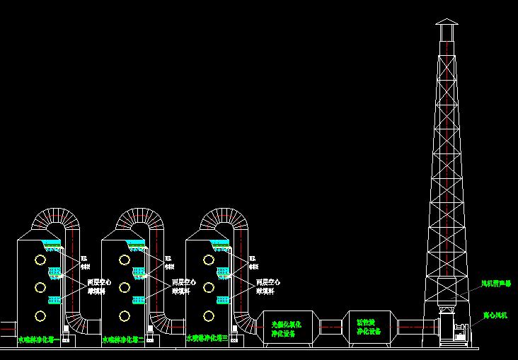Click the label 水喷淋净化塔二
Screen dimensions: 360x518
[123, 340]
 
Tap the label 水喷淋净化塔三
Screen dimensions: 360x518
[207, 339]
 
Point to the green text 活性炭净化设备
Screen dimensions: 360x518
[369, 327]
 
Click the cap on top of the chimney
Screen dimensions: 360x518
[447, 28]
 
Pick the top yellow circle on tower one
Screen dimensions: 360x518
[40, 260]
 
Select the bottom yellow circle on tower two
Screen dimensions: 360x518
[125, 316]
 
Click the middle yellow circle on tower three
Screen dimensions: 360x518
[209, 287]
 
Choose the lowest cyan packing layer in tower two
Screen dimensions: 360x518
[138, 298]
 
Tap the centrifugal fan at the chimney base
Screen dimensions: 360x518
[454, 328]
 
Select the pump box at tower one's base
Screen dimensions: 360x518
[67, 339]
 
